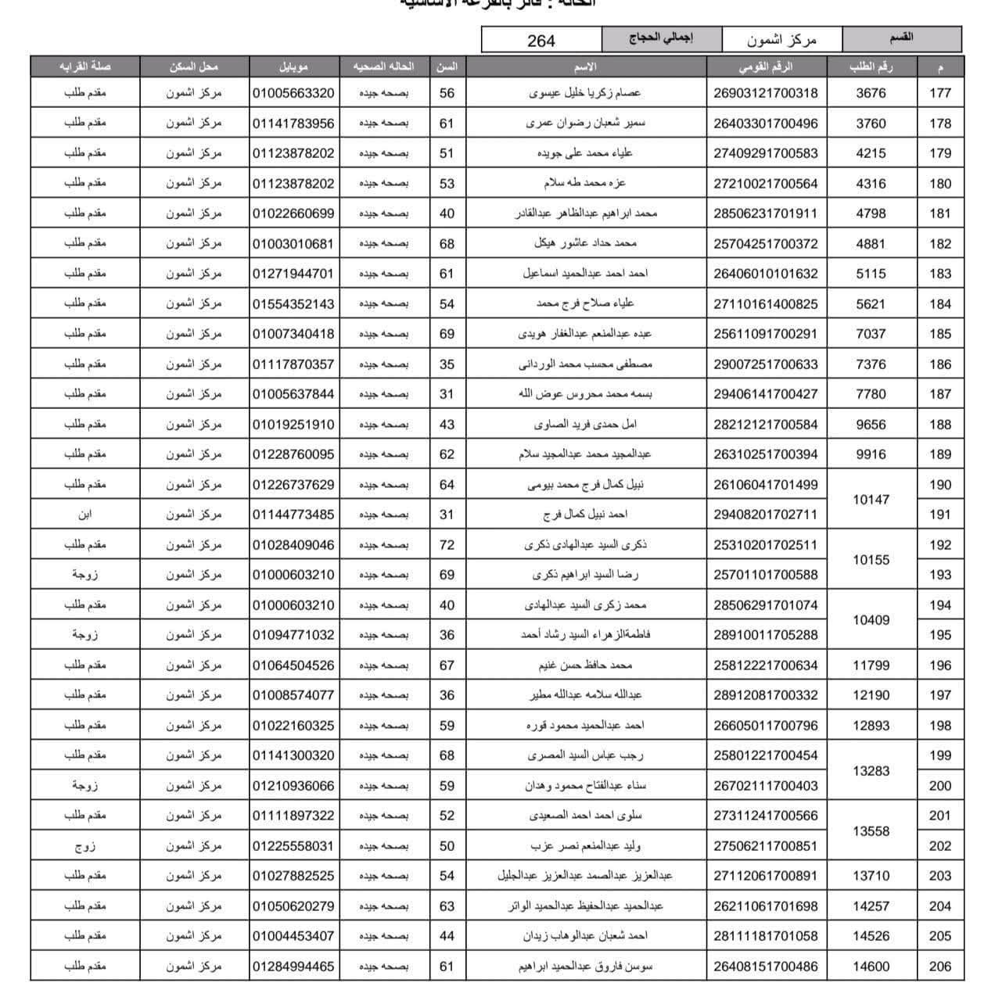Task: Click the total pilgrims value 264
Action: (541, 41)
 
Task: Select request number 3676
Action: (871, 93)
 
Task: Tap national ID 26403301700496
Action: (765, 124)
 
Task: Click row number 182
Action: (939, 244)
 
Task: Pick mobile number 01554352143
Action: (293, 304)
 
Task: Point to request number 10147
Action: (871, 500)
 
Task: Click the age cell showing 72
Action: (447, 545)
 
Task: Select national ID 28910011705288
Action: (765, 635)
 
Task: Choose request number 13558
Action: (871, 831)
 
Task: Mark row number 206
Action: (939, 967)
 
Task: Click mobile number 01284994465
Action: (293, 967)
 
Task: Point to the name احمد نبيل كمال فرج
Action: (585, 515)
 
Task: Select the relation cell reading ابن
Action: (85, 515)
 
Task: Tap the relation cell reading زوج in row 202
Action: (85, 846)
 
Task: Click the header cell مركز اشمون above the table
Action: (781, 39)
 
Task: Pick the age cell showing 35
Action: (447, 364)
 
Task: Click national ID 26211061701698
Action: (765, 906)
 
